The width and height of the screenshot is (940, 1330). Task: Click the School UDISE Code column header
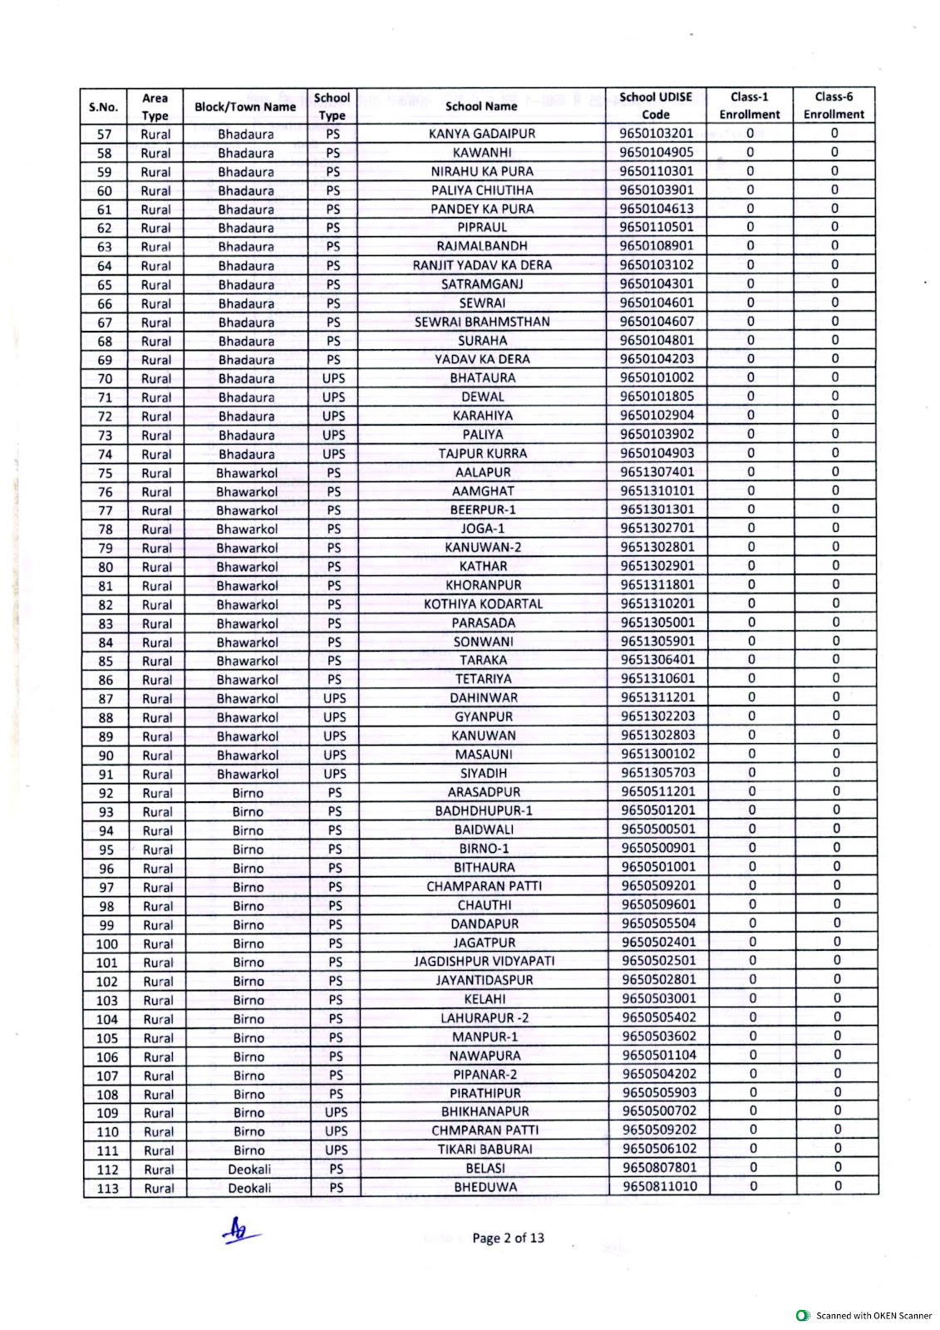(x=656, y=106)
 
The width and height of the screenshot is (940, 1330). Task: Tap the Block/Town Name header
(x=245, y=106)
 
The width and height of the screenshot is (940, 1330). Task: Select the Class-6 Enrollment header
(x=834, y=106)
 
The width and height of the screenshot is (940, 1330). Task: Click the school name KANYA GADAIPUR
(x=482, y=134)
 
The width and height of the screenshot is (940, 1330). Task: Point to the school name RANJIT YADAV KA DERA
(x=482, y=265)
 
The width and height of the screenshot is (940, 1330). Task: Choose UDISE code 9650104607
(x=657, y=322)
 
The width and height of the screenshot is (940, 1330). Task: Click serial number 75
(x=105, y=473)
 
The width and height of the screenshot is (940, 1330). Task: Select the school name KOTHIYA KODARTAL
(x=483, y=604)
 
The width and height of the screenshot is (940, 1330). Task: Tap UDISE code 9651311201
(x=657, y=697)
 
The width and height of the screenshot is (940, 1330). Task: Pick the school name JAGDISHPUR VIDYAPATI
(x=485, y=962)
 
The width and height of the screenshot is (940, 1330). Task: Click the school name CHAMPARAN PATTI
(x=485, y=886)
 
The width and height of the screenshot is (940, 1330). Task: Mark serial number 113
(x=107, y=1188)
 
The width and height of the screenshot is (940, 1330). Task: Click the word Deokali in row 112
(x=249, y=1170)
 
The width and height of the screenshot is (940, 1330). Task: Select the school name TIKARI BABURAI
(x=485, y=1150)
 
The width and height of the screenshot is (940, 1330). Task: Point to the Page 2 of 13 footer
(x=508, y=1238)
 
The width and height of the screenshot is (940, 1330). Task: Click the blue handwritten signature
(x=241, y=1232)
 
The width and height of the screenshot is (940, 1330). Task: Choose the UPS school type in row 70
(x=333, y=378)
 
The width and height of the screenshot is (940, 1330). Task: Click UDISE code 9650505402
(x=659, y=1017)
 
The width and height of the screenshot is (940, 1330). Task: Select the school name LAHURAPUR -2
(x=485, y=1018)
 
